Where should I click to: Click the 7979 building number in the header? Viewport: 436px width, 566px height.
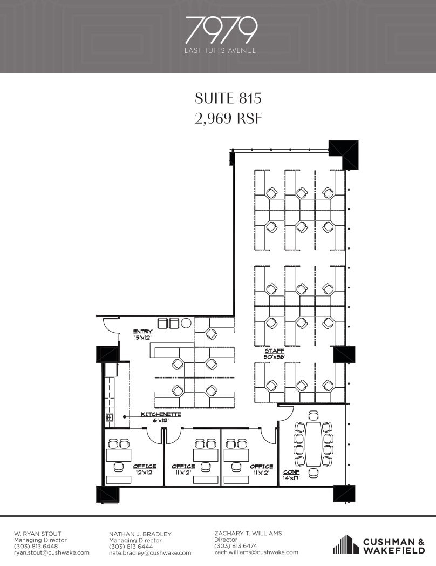click(x=221, y=31)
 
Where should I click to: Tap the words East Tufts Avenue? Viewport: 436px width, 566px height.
click(x=221, y=51)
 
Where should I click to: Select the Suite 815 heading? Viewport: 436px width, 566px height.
click(x=228, y=98)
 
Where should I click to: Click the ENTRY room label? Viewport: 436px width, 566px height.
click(x=143, y=332)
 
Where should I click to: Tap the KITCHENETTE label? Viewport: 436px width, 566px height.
click(x=161, y=414)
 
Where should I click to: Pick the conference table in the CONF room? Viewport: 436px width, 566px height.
click(x=314, y=444)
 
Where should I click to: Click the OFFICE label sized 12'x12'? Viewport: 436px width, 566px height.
click(x=145, y=467)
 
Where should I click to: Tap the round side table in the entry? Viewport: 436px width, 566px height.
click(x=186, y=323)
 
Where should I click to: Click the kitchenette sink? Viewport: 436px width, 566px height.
click(x=109, y=417)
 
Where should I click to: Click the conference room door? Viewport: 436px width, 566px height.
click(x=284, y=413)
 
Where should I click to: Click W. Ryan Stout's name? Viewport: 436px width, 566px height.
click(x=38, y=534)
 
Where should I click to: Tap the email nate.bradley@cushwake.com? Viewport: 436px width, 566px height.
click(x=150, y=553)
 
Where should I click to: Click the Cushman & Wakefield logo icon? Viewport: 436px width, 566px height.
click(x=346, y=544)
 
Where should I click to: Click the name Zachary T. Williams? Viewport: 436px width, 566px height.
click(x=248, y=533)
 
